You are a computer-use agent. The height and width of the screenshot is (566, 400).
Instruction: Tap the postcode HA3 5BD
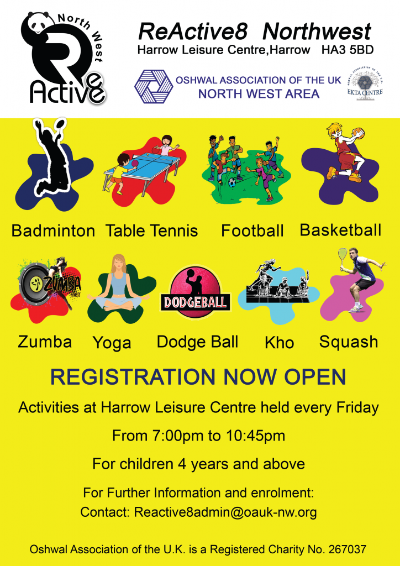tap(348, 50)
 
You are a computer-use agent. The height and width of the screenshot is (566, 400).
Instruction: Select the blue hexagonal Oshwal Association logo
tap(154, 86)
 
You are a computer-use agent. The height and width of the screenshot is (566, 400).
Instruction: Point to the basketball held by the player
tap(358, 133)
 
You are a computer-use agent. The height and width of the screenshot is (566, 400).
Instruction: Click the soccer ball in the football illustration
tap(232, 182)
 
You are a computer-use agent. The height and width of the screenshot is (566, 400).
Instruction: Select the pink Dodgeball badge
tap(195, 292)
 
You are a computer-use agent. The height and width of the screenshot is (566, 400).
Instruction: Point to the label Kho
tap(279, 343)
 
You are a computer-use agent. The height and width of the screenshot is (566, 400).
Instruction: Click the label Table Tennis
tap(152, 231)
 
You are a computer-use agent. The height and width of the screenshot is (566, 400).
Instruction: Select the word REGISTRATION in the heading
tap(133, 377)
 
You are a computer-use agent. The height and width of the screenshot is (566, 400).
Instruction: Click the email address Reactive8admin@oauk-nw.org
tap(225, 512)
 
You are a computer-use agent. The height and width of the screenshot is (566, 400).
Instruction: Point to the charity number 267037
tap(348, 550)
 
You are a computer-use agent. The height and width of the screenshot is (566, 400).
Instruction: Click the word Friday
tap(357, 407)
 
